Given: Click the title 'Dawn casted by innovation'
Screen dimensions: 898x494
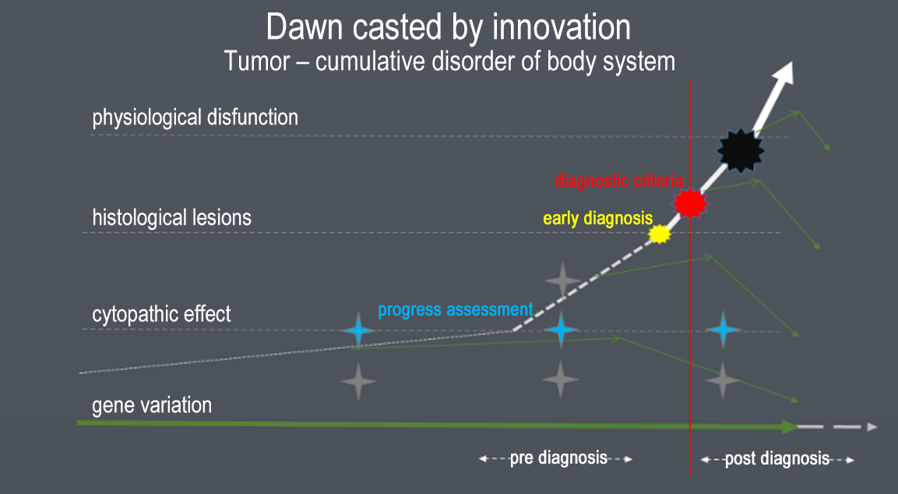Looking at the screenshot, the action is click(449, 27).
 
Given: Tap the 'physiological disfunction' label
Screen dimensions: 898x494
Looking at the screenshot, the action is click(195, 117).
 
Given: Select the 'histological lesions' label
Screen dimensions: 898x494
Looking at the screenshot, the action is click(172, 218).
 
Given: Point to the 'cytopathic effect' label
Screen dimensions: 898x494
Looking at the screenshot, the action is click(161, 314).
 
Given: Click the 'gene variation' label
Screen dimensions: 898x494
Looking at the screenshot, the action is click(152, 405).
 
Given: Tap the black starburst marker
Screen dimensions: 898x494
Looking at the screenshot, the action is click(741, 151).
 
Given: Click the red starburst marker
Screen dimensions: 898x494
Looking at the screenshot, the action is click(690, 202).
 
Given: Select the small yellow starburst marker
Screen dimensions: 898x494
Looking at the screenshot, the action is click(660, 234).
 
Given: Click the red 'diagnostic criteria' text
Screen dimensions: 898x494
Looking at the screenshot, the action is click(618, 181).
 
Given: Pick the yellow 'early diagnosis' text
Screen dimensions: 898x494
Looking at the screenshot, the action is click(598, 219).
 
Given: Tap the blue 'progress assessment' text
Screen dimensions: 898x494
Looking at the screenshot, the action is click(456, 310).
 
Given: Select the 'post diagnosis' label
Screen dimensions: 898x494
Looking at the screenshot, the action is click(777, 458).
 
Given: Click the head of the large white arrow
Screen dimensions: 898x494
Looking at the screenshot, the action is click(784, 73).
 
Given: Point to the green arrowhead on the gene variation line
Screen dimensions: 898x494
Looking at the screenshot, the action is click(791, 426).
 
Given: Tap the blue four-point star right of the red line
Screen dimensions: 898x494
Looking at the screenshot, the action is click(723, 330).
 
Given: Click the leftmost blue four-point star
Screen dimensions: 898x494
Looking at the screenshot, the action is click(358, 331).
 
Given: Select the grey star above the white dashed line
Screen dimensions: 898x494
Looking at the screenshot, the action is click(563, 280).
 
